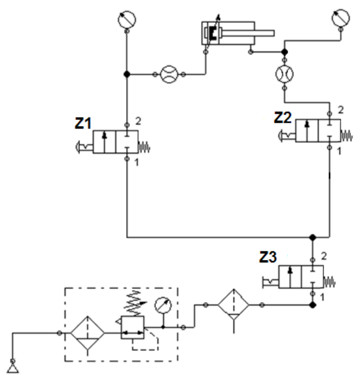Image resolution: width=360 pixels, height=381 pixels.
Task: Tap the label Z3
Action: [268, 257]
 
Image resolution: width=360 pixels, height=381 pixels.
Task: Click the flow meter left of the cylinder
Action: [169, 74]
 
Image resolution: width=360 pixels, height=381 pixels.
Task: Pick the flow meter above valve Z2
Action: [285, 74]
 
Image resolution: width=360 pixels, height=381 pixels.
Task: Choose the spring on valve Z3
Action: [330, 280]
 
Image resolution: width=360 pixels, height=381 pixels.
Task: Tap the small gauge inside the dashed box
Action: [164, 304]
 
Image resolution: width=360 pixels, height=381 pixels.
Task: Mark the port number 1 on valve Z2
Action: [341, 152]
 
